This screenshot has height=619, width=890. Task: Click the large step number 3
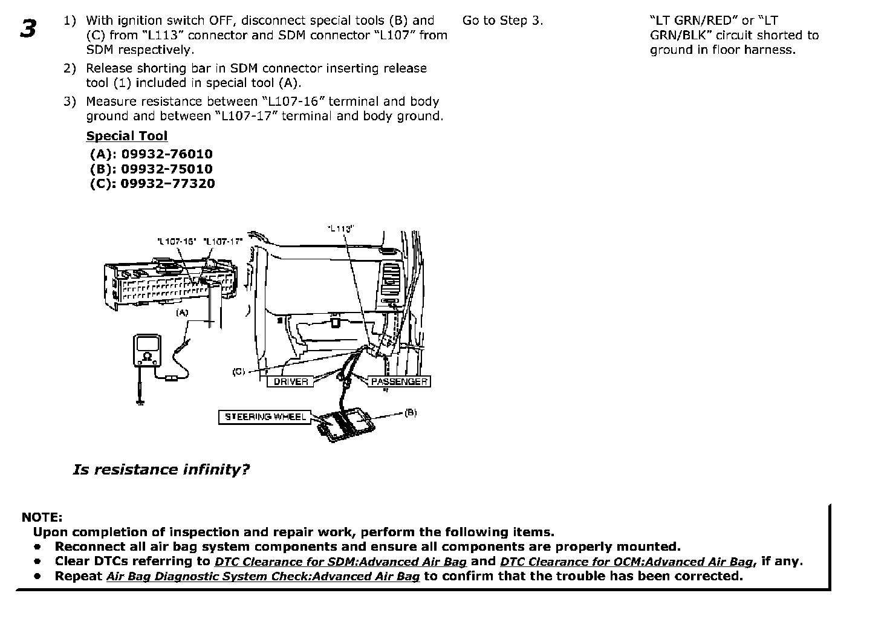click(28, 28)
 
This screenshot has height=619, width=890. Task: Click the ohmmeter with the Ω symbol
click(147, 351)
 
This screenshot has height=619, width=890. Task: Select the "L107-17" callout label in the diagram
click(223, 241)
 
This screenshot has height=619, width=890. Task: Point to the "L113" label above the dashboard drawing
click(340, 228)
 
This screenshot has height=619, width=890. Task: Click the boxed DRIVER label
click(291, 381)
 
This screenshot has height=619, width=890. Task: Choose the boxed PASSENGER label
click(399, 381)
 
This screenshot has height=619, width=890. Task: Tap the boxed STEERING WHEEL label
click(265, 416)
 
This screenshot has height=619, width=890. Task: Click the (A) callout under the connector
click(182, 313)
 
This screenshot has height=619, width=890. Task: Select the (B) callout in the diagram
click(411, 412)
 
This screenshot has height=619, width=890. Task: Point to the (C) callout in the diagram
click(239, 372)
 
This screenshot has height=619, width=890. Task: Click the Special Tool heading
click(126, 136)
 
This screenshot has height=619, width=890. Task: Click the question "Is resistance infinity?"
click(161, 470)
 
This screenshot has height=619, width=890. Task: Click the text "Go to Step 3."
click(502, 21)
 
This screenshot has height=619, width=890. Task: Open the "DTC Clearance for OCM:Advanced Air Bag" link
click(626, 562)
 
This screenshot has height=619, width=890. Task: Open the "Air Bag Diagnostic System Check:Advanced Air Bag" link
click(263, 576)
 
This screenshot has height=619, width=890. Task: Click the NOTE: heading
click(42, 517)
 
